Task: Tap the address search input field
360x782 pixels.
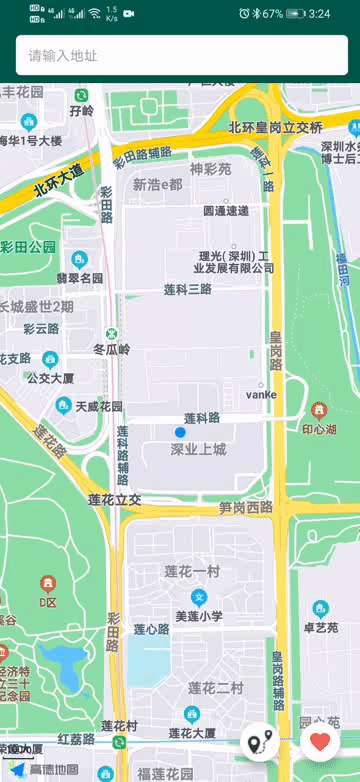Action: tap(180, 55)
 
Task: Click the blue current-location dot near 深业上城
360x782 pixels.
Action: tap(180, 432)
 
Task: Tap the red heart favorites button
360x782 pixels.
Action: tap(320, 742)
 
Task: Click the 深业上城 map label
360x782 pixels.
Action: tap(198, 449)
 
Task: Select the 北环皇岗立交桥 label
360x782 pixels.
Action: tap(275, 127)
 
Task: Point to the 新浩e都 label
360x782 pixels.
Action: tap(158, 184)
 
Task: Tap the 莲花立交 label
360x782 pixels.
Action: tap(114, 499)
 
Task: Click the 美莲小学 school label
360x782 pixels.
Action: tap(199, 616)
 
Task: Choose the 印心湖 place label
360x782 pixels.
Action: tap(319, 429)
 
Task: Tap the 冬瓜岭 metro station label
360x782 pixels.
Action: tap(112, 349)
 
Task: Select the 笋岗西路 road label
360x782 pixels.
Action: tap(246, 507)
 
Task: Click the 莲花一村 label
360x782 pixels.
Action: tap(191, 571)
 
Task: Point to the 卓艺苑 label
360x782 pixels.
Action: tap(320, 627)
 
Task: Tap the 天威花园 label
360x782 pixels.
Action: tap(99, 407)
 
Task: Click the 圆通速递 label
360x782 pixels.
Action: tap(226, 211)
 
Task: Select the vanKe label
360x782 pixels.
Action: tap(261, 394)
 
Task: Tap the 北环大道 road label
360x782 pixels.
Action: tap(58, 179)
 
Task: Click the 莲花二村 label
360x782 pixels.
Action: tap(215, 688)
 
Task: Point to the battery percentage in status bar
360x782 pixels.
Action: tap(273, 14)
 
